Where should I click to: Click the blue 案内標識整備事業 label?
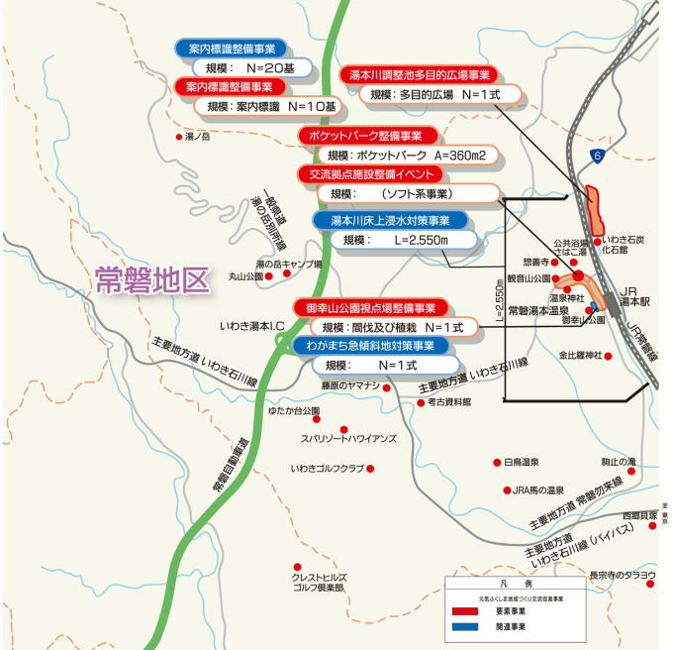(231, 48)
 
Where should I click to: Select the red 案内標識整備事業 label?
(231, 86)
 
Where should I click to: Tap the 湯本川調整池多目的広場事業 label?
(416, 75)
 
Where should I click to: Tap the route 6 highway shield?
(596, 156)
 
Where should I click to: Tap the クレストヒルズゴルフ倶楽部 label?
(318, 582)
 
